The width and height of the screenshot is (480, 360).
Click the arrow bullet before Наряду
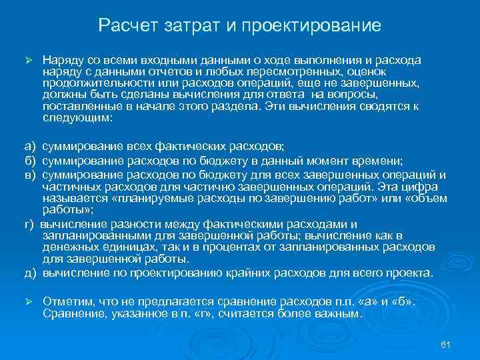coord(28,60)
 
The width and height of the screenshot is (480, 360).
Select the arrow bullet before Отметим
coord(28,301)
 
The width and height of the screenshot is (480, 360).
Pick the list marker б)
coord(30,161)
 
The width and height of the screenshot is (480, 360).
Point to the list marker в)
coord(30,175)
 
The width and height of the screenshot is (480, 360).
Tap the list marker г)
coord(30,223)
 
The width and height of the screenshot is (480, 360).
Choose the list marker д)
coord(30,273)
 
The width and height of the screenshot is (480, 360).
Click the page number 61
coord(447,343)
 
